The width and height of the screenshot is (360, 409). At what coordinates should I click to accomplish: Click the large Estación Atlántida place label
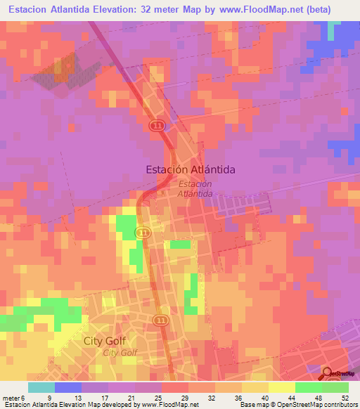coord(190,169)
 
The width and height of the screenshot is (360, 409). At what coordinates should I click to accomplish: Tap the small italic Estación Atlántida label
coord(195,188)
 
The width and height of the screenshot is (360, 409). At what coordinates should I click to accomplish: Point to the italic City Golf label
coord(120,353)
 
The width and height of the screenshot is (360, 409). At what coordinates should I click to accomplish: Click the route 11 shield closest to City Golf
coord(162,320)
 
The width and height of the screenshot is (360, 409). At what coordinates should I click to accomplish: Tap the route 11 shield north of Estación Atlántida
coord(157,125)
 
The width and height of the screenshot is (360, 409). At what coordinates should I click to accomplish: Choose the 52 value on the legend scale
coord(344,398)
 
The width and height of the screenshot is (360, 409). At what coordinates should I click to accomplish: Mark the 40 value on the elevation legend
coord(264,398)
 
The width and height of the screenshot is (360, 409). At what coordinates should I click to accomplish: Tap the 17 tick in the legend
coord(103,398)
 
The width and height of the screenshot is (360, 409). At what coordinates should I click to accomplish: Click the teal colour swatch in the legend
coord(41,387)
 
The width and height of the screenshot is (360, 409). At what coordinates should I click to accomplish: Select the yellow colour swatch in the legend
coord(281,387)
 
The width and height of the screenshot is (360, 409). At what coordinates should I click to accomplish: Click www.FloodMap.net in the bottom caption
coord(164,405)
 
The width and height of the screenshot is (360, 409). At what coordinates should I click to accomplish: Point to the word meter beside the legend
coord(11,398)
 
